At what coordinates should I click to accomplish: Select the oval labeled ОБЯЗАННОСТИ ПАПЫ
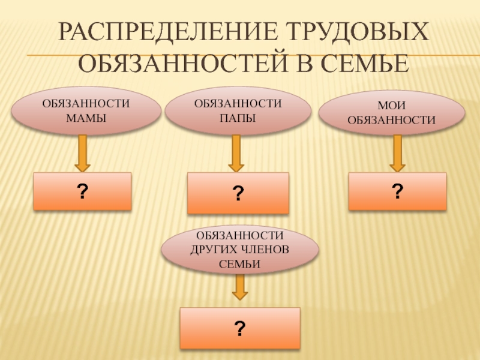coord(238,112)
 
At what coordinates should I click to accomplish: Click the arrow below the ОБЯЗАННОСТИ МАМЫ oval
coord(82,153)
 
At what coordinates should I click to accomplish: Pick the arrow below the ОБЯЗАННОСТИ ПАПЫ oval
coord(236,155)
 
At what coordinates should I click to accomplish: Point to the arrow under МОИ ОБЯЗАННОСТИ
coord(397,153)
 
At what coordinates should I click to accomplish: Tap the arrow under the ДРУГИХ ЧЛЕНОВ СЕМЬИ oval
coord(240,288)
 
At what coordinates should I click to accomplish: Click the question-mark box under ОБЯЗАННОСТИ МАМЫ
coord(82,191)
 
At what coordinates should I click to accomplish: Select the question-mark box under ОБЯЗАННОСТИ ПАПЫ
coord(238,193)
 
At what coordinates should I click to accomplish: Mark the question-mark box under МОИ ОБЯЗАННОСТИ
coord(397,191)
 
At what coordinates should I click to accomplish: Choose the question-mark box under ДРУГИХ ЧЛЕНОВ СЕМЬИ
coord(240,328)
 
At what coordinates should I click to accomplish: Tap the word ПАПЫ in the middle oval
coord(238,117)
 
